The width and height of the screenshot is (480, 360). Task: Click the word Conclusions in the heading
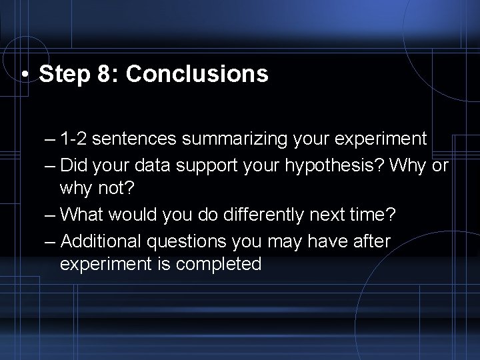(197, 74)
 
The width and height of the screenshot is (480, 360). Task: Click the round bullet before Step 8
(25, 75)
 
